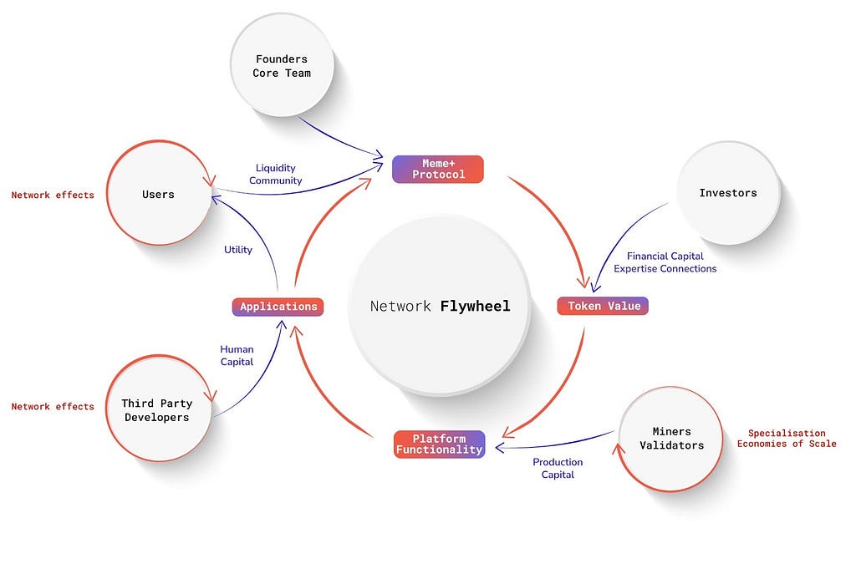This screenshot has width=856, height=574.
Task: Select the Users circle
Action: (x=158, y=194)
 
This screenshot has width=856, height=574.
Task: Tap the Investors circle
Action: (x=727, y=193)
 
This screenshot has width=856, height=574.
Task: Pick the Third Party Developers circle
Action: (x=156, y=410)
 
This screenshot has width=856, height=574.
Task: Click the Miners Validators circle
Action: (x=671, y=438)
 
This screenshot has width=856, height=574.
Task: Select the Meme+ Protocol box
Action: (x=438, y=169)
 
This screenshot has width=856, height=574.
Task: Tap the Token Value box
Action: (x=603, y=306)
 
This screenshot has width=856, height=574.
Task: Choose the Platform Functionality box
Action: (x=439, y=444)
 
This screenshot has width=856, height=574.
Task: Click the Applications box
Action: (x=278, y=307)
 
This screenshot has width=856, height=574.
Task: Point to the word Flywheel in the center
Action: (x=475, y=306)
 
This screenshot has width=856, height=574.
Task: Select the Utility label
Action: (x=238, y=250)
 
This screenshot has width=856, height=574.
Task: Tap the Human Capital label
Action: (x=237, y=356)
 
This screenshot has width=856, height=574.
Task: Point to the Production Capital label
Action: (x=558, y=468)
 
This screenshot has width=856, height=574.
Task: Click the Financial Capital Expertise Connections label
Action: (x=665, y=262)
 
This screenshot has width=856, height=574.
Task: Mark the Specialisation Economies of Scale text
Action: (x=786, y=439)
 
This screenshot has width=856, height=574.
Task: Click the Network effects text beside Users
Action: (x=53, y=195)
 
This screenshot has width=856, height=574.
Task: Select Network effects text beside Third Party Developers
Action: (x=53, y=406)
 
